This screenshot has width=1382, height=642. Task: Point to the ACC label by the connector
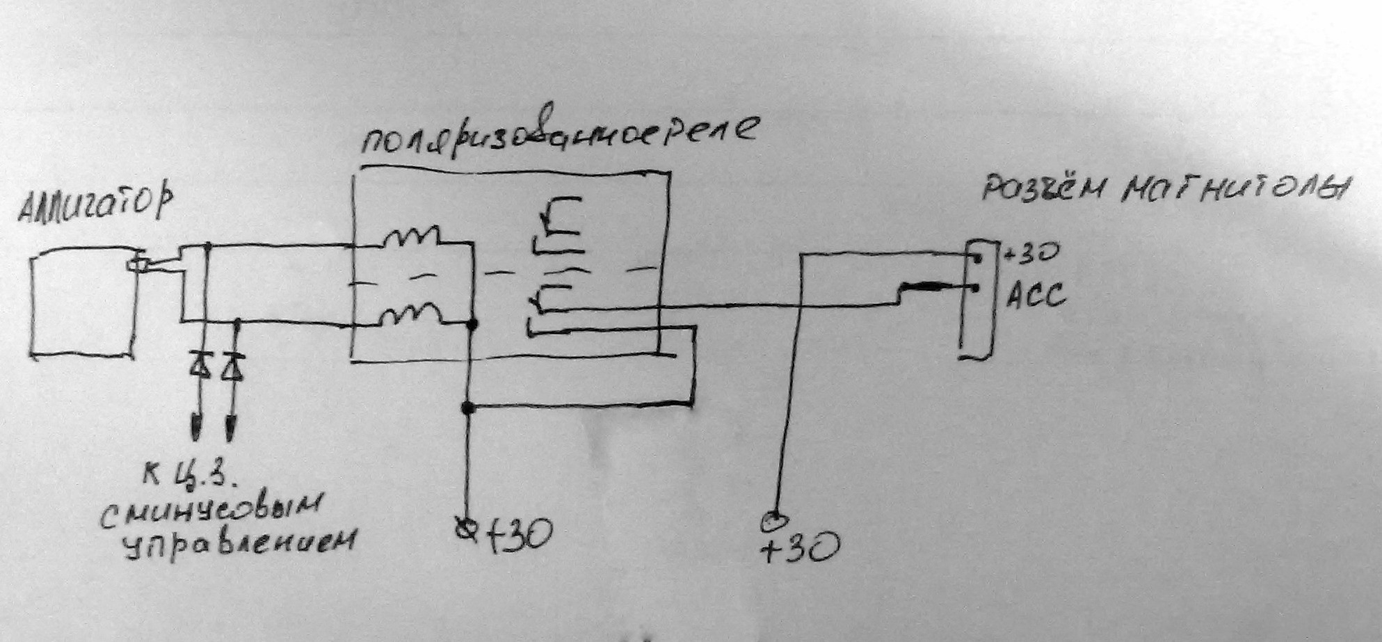point(1036,297)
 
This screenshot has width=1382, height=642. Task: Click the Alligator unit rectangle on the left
point(82,306)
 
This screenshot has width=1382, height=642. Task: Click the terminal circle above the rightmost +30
point(773,520)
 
